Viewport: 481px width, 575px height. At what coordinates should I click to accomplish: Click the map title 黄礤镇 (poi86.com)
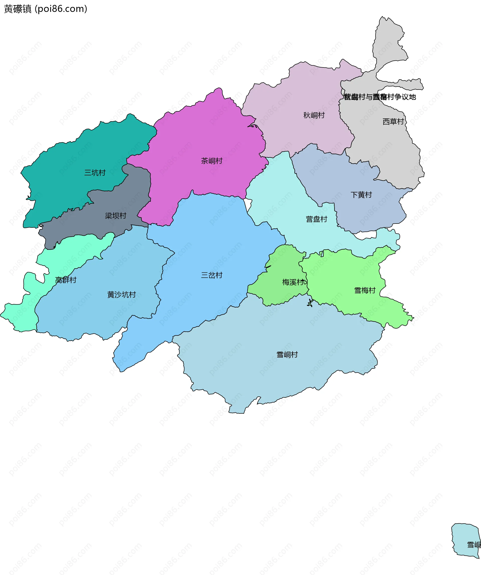[x=45, y=9]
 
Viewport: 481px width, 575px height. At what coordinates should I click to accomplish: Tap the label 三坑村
[x=95, y=173]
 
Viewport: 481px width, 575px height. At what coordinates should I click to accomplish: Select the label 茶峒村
[x=212, y=161]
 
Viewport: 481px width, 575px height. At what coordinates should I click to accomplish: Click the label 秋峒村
[x=314, y=115]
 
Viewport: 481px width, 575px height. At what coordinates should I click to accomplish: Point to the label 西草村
[x=393, y=122]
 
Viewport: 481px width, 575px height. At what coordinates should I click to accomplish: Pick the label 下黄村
[x=361, y=195]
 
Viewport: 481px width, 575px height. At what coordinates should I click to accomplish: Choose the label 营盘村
[x=316, y=219]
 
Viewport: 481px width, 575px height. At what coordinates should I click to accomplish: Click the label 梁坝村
[x=115, y=216]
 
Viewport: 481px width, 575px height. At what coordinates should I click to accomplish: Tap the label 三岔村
[x=212, y=275]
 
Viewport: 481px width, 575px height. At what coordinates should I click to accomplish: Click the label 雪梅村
[x=365, y=290]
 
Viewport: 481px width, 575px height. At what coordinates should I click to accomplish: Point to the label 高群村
[x=66, y=280]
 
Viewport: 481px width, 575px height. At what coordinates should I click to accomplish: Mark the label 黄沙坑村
[x=122, y=295]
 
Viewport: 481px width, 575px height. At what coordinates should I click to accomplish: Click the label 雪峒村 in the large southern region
[x=287, y=354]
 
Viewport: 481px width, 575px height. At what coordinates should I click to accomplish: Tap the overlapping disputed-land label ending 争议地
[x=380, y=97]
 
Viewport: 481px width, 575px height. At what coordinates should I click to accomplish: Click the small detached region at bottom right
[x=465, y=537]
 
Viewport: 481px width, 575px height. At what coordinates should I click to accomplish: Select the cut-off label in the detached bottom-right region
[x=474, y=545]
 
